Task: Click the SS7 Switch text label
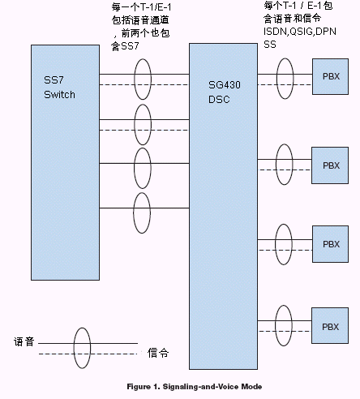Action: tap(59, 88)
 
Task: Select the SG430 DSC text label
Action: tap(225, 92)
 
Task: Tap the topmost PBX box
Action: tap(330, 76)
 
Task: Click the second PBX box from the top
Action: tap(330, 165)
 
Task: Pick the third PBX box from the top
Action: tap(330, 244)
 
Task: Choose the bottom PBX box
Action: tap(330, 325)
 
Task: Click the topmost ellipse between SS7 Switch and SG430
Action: tap(135, 79)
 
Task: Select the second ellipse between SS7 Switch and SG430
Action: tap(135, 125)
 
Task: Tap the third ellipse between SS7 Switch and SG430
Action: tap(135, 168)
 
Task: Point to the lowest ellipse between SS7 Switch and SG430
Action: tap(134, 212)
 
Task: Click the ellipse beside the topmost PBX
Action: tap(277, 79)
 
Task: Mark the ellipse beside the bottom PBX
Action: tap(276, 325)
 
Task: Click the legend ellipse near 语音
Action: tap(74, 348)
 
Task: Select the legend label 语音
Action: tap(24, 341)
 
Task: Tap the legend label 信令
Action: tap(158, 353)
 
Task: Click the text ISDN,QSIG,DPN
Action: tap(300, 32)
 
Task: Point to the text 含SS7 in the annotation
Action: tap(125, 46)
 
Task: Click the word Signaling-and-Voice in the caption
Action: tap(201, 387)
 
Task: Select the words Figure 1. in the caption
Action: tap(144, 387)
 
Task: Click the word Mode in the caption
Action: tap(251, 387)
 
